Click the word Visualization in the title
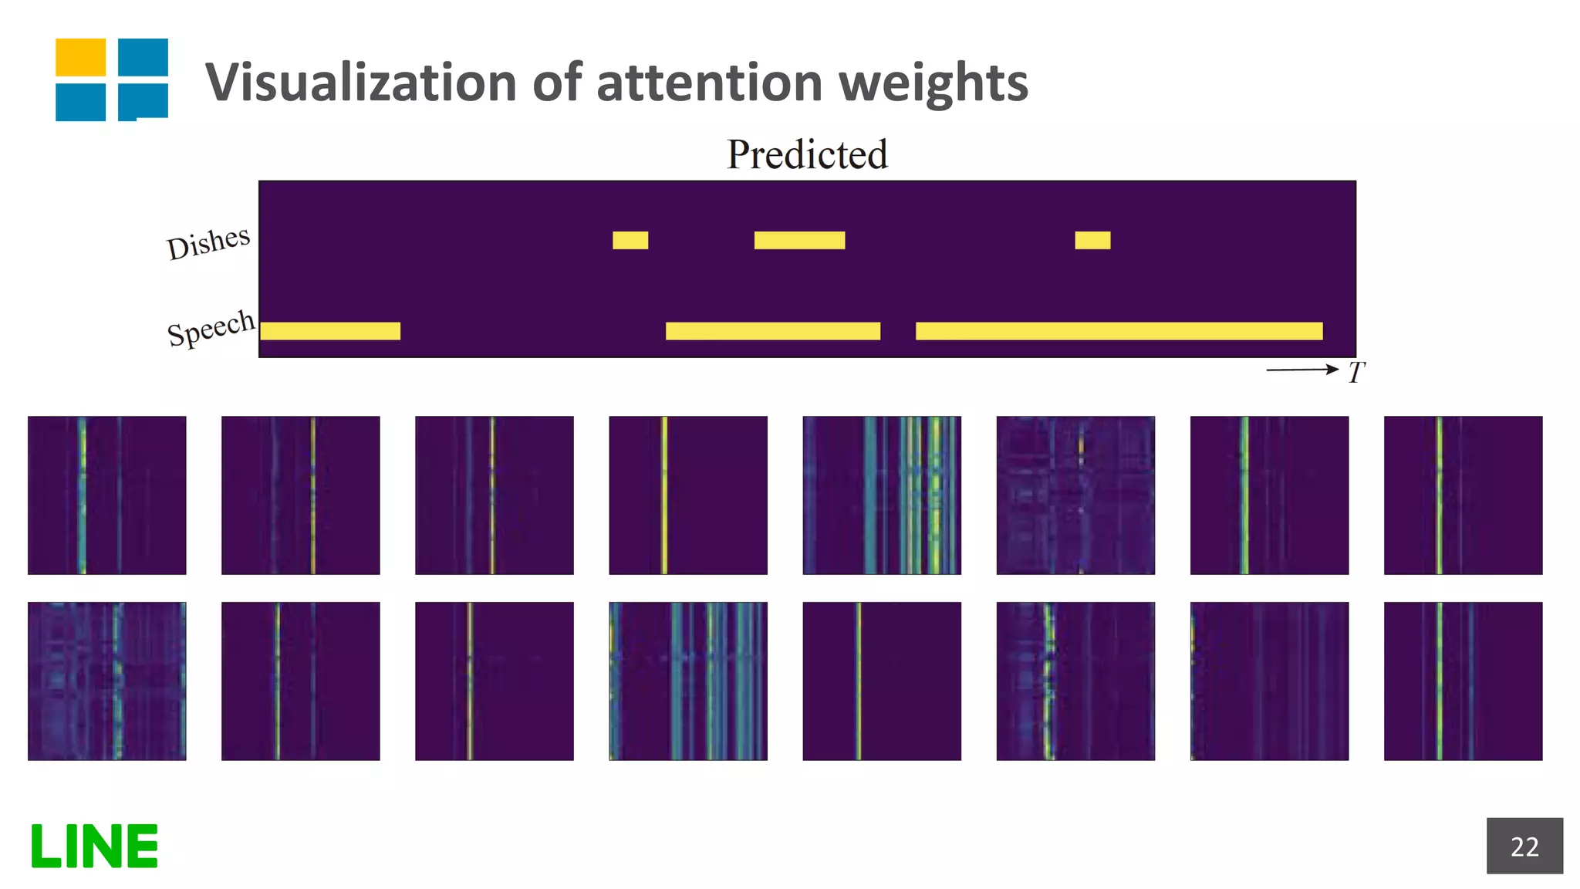360,82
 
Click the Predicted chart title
807,154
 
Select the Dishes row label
208,242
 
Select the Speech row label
211,328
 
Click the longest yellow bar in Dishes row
799,240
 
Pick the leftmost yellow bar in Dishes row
630,240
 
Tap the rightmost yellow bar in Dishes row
1092,240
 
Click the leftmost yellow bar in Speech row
330,331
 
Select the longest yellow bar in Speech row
1119,331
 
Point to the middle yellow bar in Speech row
772,331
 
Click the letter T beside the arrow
1356,373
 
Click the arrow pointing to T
1301,370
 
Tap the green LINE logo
94,846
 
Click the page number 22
1524,846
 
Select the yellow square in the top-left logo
80,57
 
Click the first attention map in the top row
106,495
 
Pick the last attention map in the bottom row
1463,681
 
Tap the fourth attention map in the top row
688,495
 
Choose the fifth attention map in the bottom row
882,681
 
